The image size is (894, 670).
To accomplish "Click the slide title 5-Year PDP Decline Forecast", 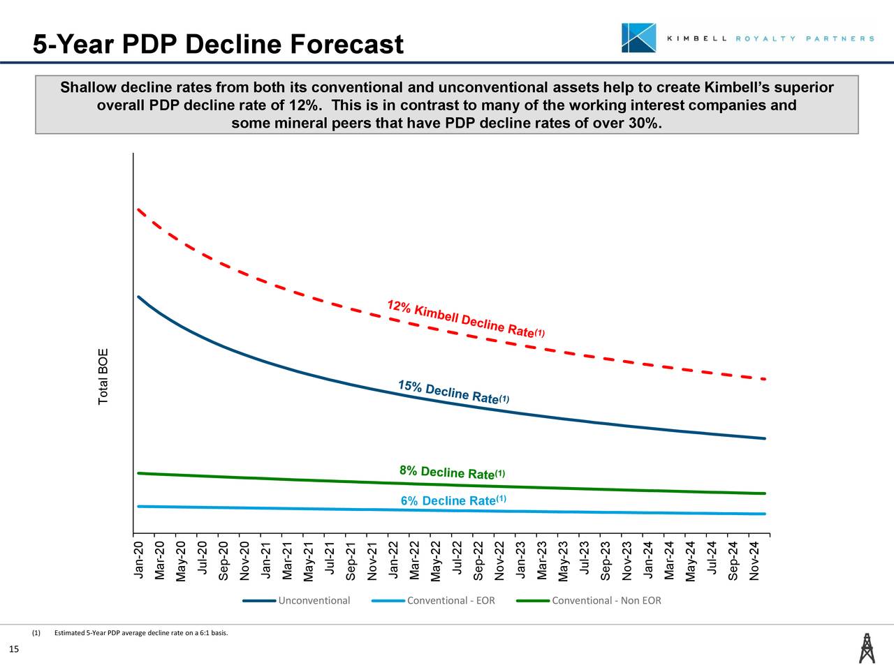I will pyautogui.click(x=218, y=45).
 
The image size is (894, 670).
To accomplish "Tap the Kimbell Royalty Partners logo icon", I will pyautogui.click(x=638, y=38).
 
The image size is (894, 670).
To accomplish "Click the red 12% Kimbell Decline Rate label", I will pyautogui.click(x=465, y=319).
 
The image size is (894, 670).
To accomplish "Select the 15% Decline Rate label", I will pyautogui.click(x=453, y=393).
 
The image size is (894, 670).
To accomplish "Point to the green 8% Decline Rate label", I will pyautogui.click(x=452, y=472).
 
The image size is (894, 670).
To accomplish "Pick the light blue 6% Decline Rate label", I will pyautogui.click(x=453, y=500).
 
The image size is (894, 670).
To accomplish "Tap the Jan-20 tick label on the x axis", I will pyautogui.click(x=138, y=560).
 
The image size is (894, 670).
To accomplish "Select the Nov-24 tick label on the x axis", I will pyautogui.click(x=754, y=560).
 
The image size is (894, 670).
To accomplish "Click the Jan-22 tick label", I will pyautogui.click(x=393, y=560).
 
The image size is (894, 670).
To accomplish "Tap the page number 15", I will pyautogui.click(x=13, y=650).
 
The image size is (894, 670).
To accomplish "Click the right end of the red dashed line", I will pyautogui.click(x=765, y=379).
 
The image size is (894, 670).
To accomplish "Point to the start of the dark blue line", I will pyautogui.click(x=139, y=297).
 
